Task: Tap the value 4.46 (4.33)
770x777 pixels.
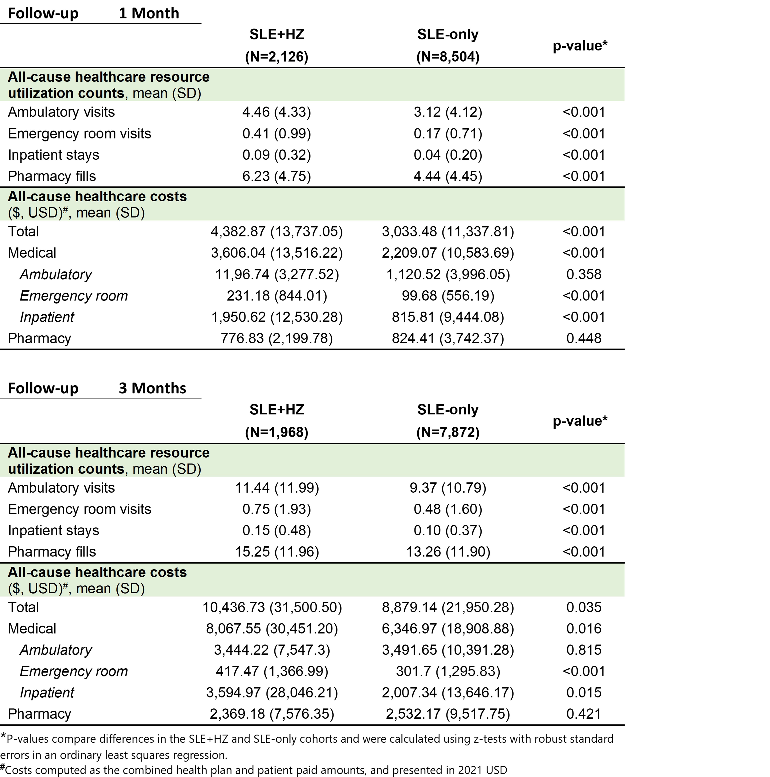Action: coord(277,112)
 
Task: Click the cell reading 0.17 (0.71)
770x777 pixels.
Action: coord(447,134)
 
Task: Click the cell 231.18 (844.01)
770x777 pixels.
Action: coord(277,296)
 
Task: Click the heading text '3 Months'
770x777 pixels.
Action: coord(152,388)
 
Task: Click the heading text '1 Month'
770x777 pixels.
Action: coord(149,13)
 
